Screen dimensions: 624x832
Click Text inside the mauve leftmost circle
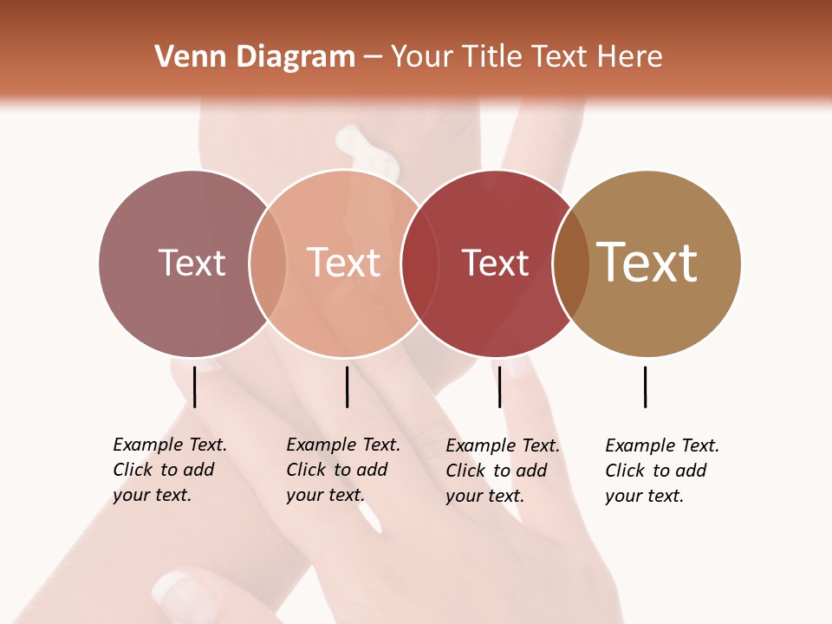point(192,263)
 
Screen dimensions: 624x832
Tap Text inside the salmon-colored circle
point(344,263)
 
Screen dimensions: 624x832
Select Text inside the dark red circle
point(495,263)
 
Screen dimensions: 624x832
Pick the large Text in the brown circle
point(647,263)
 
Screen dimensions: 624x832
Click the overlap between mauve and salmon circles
point(268,263)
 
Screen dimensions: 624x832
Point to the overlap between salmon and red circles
point(419,263)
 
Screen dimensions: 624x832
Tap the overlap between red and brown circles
point(571,263)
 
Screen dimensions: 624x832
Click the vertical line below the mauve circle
point(195,387)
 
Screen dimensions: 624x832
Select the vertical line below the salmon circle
point(347,387)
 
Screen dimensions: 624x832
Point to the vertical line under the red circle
point(499,387)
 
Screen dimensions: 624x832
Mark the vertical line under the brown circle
point(646,387)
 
